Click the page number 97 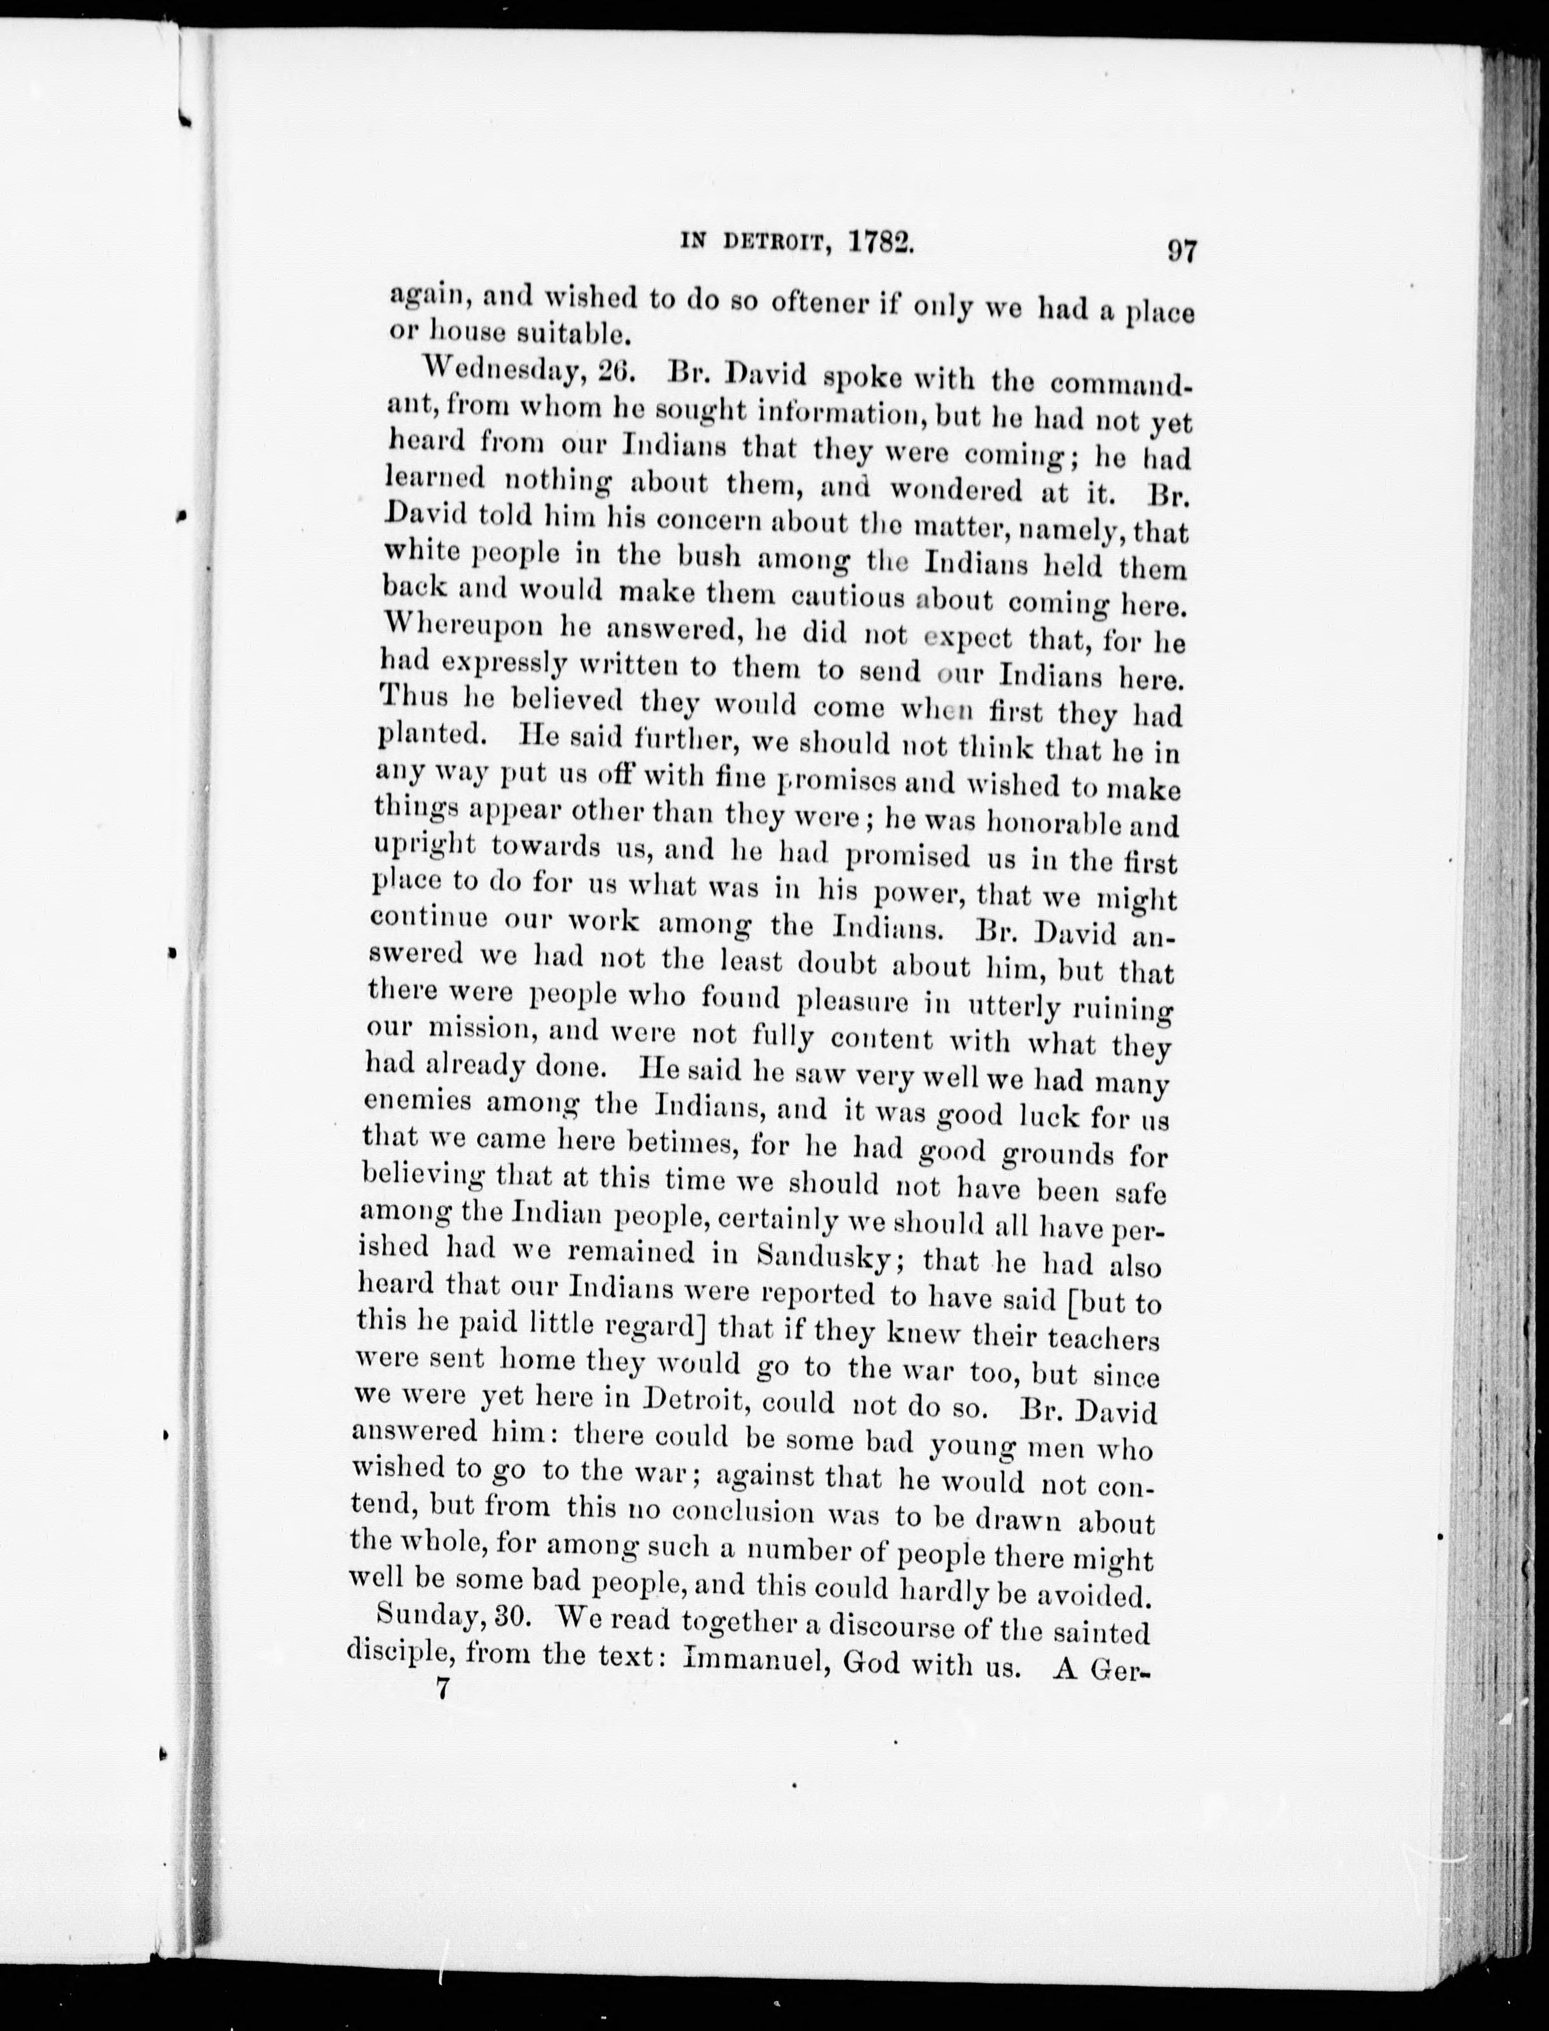click(1181, 251)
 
